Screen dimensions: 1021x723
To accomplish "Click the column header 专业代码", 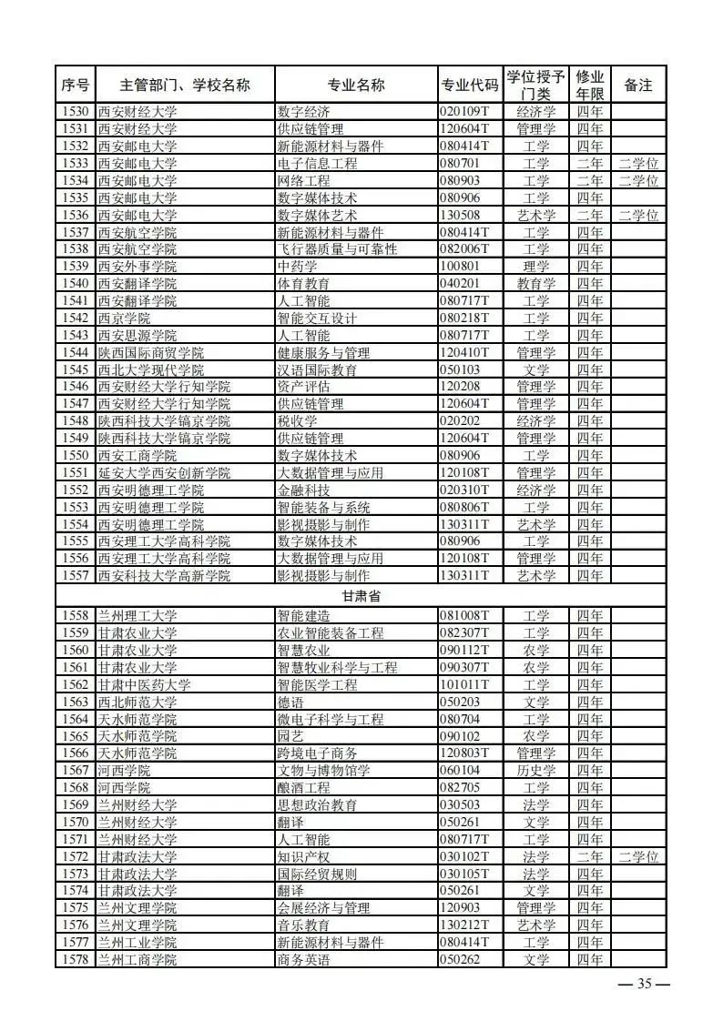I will click(470, 86).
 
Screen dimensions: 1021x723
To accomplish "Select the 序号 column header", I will click(76, 86).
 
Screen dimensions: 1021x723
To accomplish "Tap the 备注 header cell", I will click(637, 86).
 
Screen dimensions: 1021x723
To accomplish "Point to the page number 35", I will click(645, 984).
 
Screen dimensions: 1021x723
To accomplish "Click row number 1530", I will click(76, 112).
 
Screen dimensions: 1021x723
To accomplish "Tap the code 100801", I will click(459, 267).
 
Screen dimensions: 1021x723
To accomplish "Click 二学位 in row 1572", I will click(637, 857).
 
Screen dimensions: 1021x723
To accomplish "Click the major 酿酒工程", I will click(303, 788).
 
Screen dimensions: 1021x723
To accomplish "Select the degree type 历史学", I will click(536, 771).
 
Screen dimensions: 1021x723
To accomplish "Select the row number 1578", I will click(76, 960).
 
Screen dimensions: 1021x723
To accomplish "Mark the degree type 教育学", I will click(536, 284).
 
